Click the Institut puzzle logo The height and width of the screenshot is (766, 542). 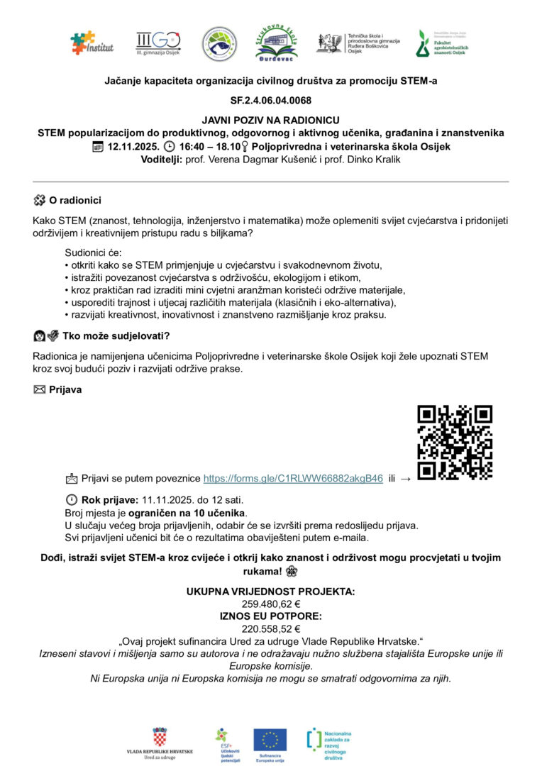(92, 43)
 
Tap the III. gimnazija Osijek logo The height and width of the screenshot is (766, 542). (157, 43)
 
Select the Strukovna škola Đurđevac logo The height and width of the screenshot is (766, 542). (277, 43)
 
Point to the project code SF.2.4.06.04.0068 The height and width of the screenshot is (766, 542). (270, 100)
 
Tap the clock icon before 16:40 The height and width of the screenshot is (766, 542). (169, 147)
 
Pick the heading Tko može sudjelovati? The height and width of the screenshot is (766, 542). (116, 335)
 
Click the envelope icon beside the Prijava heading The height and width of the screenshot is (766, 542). (39, 389)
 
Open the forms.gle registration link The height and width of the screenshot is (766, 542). (293, 478)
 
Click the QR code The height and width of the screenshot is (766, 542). (455, 442)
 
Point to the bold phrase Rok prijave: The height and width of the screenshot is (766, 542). (110, 499)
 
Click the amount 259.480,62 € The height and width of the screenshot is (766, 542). (270, 604)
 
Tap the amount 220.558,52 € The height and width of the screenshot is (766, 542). (270, 628)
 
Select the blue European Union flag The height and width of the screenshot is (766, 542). (270, 740)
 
